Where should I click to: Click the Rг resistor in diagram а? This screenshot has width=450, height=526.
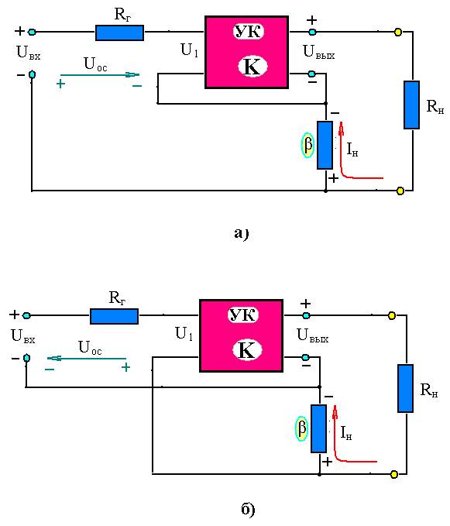pyautogui.click(x=120, y=33)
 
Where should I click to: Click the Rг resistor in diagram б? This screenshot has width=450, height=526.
pyautogui.click(x=115, y=316)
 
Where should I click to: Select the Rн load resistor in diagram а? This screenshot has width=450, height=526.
pyautogui.click(x=411, y=105)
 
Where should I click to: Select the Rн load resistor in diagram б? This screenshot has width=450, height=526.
pyautogui.click(x=405, y=388)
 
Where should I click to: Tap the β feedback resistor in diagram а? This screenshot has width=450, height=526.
pyautogui.click(x=325, y=145)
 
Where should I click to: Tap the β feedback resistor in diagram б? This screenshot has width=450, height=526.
pyautogui.click(x=318, y=428)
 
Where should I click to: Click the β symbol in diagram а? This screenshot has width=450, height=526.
pyautogui.click(x=307, y=146)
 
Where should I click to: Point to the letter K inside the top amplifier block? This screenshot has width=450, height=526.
pyautogui.click(x=252, y=67)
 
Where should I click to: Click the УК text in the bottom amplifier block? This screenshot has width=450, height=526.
pyautogui.click(x=243, y=315)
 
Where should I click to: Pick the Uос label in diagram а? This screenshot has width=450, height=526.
pyautogui.click(x=95, y=64)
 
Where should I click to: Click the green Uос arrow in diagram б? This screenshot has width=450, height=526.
pyautogui.click(x=87, y=359)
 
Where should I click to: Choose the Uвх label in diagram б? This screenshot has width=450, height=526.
pyautogui.click(x=22, y=336)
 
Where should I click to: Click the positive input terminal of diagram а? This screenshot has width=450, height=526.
pyautogui.click(x=32, y=32)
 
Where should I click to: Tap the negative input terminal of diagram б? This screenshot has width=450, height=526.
pyautogui.click(x=26, y=358)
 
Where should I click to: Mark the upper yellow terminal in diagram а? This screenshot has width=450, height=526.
pyautogui.click(x=398, y=33)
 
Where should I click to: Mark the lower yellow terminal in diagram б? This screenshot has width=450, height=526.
pyautogui.click(x=394, y=474)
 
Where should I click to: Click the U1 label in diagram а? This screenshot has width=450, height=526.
pyautogui.click(x=190, y=50)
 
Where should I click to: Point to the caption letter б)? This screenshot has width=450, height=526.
pyautogui.click(x=248, y=509)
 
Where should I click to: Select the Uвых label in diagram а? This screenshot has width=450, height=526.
pyautogui.click(x=318, y=53)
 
